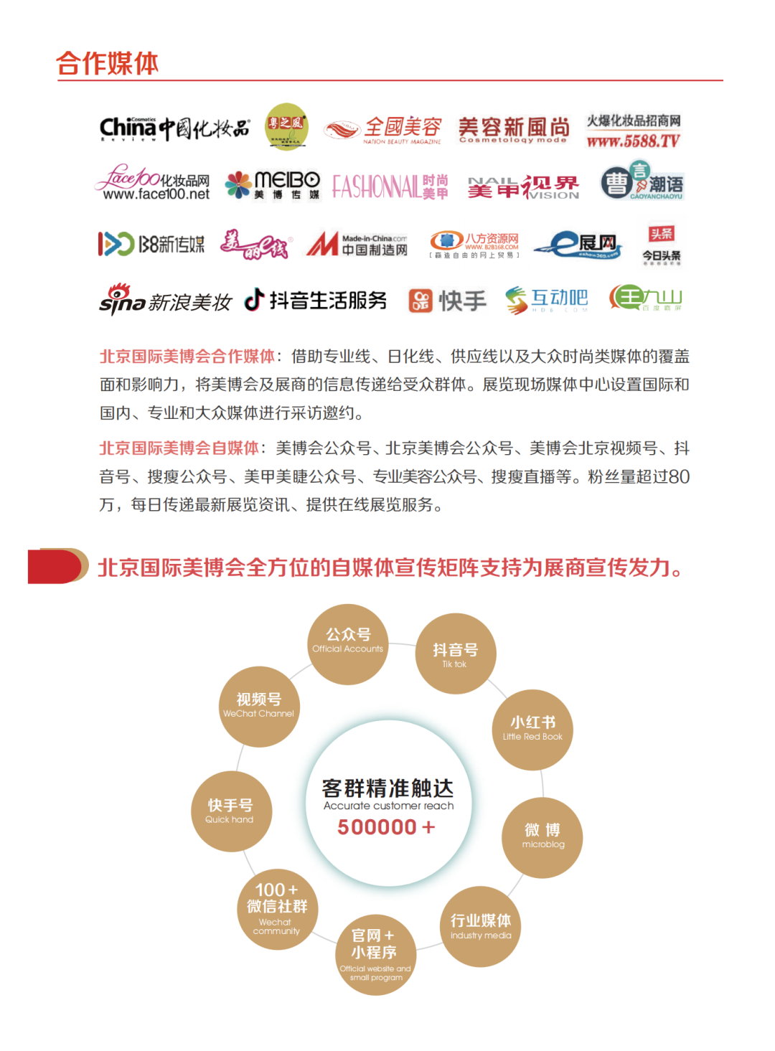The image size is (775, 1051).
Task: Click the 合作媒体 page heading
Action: (108, 63)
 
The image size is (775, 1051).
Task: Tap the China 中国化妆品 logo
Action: (174, 128)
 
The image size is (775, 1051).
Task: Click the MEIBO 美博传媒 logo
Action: (273, 185)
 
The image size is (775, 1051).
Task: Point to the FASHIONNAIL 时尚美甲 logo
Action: (390, 187)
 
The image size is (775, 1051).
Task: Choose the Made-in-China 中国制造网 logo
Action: (357, 244)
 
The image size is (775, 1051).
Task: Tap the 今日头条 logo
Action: (661, 245)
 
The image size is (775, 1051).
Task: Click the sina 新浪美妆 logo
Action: (165, 300)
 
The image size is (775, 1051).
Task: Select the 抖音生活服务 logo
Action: (316, 300)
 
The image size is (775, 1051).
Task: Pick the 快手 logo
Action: (448, 301)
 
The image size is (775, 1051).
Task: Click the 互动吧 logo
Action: (547, 300)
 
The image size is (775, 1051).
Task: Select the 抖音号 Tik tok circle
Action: (456, 654)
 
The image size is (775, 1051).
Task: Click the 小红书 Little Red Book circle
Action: (532, 730)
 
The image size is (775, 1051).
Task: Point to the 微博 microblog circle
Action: (542, 837)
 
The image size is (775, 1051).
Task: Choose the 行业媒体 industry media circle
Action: (480, 927)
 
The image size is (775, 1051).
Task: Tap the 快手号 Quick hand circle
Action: (231, 811)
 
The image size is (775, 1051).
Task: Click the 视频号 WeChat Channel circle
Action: (259, 706)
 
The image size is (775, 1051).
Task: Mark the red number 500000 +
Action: (386, 827)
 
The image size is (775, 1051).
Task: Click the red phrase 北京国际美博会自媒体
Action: (179, 448)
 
